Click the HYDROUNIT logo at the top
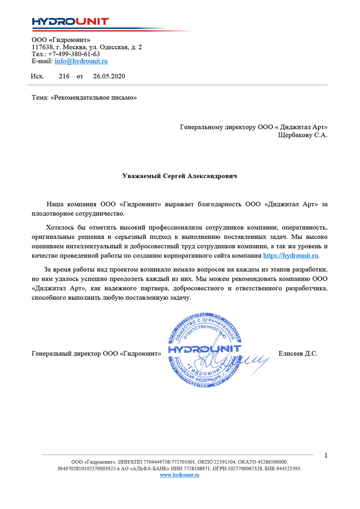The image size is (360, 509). pyautogui.click(x=70, y=22)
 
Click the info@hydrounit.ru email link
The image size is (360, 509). pyautogui.click(x=81, y=61)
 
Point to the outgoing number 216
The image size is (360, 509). pyautogui.click(x=64, y=76)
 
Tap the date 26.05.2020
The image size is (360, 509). pyautogui.click(x=109, y=76)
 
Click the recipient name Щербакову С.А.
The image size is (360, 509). pyautogui.click(x=303, y=135)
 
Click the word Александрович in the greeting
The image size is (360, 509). pyautogui.click(x=212, y=176)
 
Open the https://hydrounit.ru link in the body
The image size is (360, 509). pyautogui.click(x=291, y=256)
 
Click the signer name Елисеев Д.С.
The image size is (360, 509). pyautogui.click(x=298, y=353)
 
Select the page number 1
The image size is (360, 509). pyautogui.click(x=326, y=456)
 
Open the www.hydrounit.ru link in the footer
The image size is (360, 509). pyautogui.click(x=179, y=475)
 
